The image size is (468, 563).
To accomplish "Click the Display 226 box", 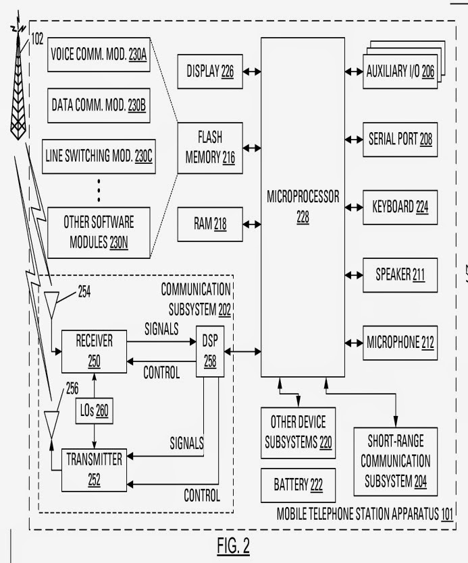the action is pos(210,71).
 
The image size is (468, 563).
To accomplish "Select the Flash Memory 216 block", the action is pos(210,148).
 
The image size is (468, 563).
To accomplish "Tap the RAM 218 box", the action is pos(210,225).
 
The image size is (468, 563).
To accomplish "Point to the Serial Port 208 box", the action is pos(400,140).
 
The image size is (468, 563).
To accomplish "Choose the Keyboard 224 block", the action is pos(400,208).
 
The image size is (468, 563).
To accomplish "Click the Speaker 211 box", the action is pos(400,275).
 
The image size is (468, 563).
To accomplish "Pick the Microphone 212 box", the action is pos(400,343).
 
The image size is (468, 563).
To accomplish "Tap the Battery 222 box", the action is pos(298,485).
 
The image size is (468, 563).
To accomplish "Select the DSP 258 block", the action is pos(210,351).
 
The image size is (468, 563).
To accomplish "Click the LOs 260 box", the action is pos(95,411).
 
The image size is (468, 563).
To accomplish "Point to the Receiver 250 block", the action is pos(95,351).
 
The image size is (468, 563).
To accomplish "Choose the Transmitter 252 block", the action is pos(95,470).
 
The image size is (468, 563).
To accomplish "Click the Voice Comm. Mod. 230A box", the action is pos(99,55).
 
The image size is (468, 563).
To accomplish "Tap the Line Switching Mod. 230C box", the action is pos(99,156).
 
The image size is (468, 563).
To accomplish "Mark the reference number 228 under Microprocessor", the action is pos(303,217).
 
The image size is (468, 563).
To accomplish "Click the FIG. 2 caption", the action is pos(233,546).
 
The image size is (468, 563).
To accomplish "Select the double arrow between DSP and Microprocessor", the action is pos(242,351).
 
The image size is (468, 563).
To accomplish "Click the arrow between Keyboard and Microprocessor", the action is pos(354,208).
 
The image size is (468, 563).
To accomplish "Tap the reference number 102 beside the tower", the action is pos(37,39).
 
